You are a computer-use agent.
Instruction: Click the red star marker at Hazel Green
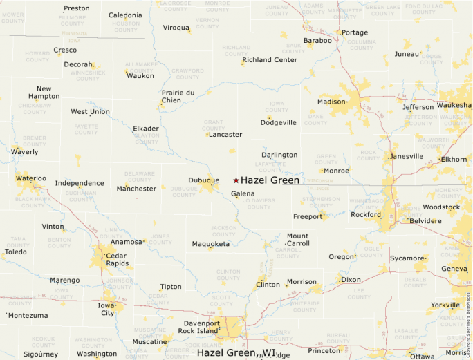[236, 180]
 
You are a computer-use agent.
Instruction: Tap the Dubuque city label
[203, 180]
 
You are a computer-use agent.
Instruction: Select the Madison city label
[331, 102]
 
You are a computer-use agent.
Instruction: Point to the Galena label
[243, 194]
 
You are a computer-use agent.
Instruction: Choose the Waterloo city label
[30, 178]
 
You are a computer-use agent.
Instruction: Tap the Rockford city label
[366, 214]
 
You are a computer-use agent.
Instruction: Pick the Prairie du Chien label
[178, 96]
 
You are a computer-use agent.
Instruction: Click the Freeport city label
[308, 216]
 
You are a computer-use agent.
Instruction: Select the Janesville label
[407, 156]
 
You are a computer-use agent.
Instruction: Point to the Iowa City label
[106, 308]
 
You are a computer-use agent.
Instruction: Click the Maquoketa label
[210, 244]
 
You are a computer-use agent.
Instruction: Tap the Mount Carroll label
[298, 240]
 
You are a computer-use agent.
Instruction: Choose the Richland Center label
[270, 60]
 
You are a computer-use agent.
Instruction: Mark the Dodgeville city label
[279, 122]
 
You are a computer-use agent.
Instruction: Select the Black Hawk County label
[33, 202]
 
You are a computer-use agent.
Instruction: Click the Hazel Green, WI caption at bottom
[236, 353]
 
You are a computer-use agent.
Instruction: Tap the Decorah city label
[77, 64]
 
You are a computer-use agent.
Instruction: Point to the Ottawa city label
[422, 356]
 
